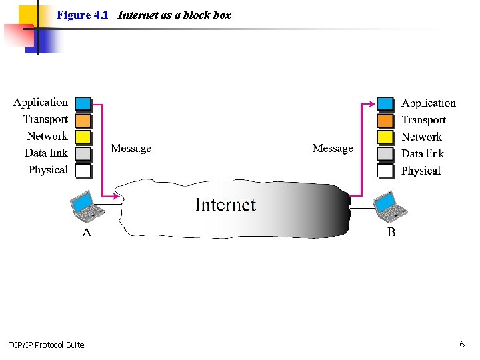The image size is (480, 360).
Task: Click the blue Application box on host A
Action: coord(83,103)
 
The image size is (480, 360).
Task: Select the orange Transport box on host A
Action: coord(83,120)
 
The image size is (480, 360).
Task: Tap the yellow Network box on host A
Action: coord(83,137)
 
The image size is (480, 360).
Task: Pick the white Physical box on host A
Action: coord(83,171)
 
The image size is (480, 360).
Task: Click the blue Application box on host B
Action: coord(385,103)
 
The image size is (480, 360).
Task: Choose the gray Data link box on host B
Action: coord(385,154)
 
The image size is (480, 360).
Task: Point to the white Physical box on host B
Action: coord(385,171)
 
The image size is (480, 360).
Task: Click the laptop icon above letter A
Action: coord(87,207)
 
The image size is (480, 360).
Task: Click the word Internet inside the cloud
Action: coord(225,205)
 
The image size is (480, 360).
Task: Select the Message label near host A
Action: coord(131,148)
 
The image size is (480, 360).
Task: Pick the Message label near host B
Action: coord(333,148)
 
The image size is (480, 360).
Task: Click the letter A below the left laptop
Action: coord(87,232)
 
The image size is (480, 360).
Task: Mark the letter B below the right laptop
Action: coord(391,232)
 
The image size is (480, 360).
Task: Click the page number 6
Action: coord(461,344)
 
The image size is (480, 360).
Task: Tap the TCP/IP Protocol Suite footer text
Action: coord(47,345)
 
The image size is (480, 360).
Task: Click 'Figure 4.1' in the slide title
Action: coord(82,15)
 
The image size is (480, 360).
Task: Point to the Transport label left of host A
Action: coord(45,119)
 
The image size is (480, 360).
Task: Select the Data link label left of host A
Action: coord(46,153)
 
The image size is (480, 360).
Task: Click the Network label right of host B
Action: coord(421,137)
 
